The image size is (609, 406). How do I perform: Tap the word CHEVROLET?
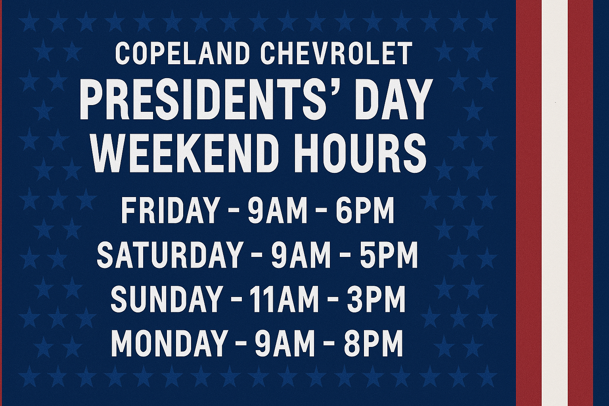[x=336, y=54]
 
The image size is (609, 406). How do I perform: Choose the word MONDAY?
[x=169, y=343]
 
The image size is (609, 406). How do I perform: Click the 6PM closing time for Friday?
[x=365, y=211]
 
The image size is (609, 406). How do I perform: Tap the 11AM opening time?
[x=284, y=299]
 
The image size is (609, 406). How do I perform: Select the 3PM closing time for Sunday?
[x=376, y=299]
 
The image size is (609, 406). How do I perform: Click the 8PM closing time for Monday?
[x=373, y=343]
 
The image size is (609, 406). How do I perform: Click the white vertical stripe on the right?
[x=555, y=203]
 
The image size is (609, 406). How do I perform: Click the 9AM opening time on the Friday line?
[x=277, y=211]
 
